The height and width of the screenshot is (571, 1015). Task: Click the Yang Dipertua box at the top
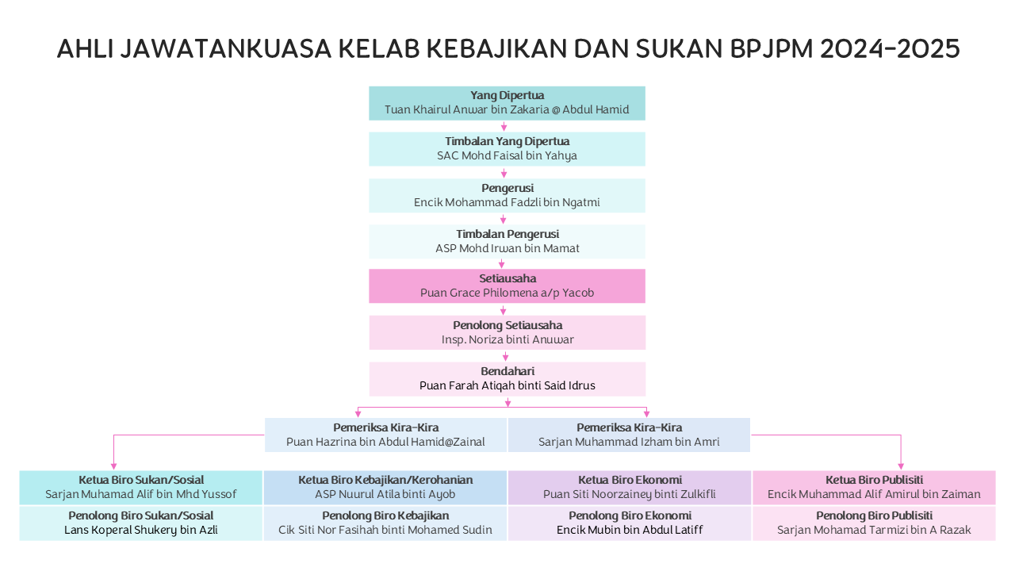point(507,103)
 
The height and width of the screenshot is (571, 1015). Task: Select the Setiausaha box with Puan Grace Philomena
point(507,286)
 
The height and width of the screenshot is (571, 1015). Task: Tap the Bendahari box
point(507,379)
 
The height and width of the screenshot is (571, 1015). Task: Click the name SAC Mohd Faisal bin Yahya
point(507,156)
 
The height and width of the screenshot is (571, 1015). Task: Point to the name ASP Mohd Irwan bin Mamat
point(507,248)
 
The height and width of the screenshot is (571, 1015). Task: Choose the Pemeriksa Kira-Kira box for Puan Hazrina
point(385,435)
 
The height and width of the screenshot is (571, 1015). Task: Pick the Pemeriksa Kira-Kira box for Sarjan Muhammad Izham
point(629,435)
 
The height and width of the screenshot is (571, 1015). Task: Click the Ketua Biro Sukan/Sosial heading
point(141,480)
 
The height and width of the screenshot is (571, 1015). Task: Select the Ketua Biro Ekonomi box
point(630,488)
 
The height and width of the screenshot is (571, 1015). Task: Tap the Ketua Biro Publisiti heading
point(874,480)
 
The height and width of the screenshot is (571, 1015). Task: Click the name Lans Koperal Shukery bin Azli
point(141,531)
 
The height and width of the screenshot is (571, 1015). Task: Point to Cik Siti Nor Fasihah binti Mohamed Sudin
point(385,530)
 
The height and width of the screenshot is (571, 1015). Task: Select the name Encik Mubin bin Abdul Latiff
point(630,530)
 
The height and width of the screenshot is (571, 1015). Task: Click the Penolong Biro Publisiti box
point(874,523)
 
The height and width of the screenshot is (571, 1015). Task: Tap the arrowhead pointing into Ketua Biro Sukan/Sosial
point(113,466)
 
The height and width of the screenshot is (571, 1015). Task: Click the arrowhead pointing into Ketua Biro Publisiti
point(901,466)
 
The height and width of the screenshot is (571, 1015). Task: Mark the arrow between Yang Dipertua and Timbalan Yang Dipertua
point(504,126)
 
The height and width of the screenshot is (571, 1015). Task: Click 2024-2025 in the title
point(890,48)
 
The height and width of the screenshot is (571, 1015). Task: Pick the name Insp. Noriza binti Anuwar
point(507,340)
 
